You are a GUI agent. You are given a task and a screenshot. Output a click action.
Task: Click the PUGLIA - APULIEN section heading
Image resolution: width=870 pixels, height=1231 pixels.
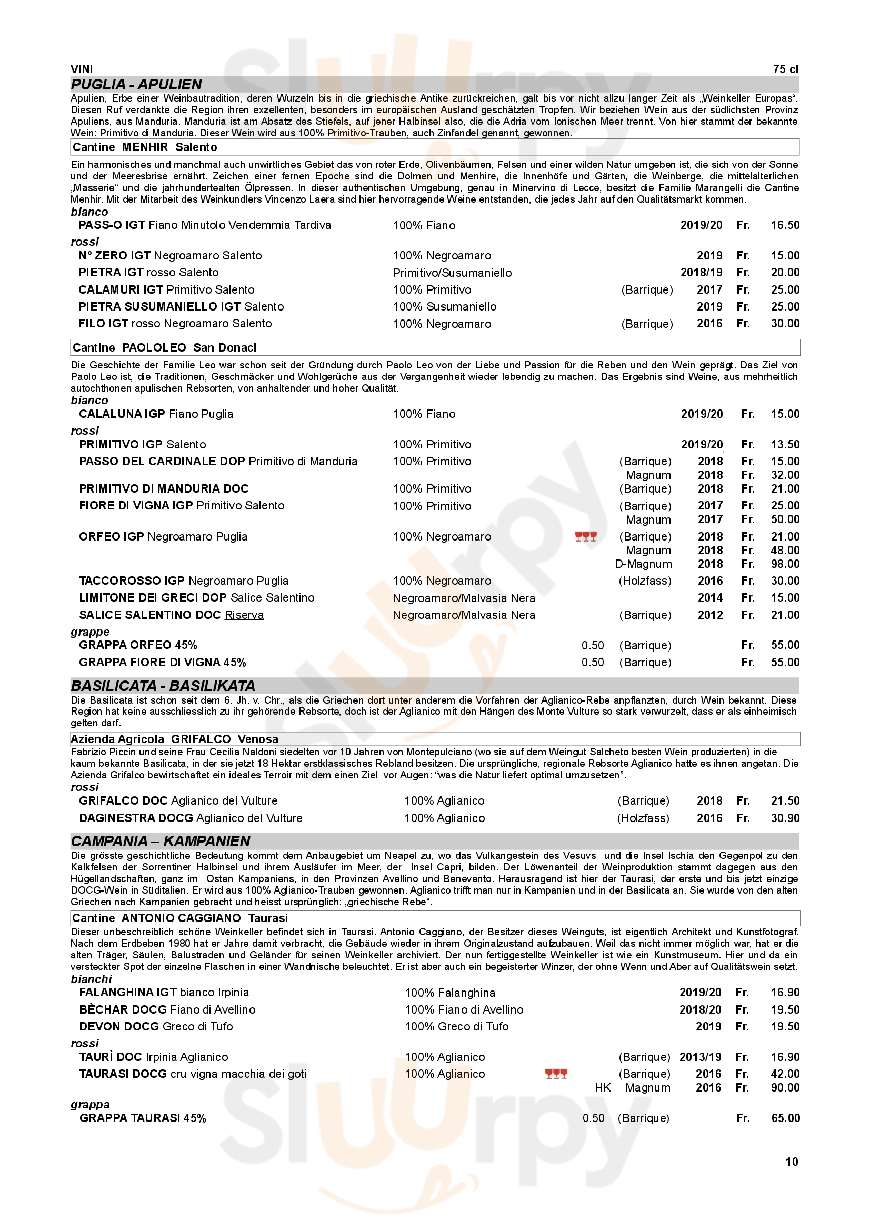136,85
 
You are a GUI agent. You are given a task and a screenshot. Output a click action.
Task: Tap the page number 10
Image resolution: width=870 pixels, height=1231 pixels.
791,1162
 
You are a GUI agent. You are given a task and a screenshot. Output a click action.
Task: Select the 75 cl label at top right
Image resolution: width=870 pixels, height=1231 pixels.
785,69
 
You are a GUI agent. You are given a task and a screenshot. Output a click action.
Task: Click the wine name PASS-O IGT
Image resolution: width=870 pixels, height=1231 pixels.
112,225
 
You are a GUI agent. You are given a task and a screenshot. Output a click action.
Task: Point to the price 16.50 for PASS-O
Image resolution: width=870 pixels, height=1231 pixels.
785,225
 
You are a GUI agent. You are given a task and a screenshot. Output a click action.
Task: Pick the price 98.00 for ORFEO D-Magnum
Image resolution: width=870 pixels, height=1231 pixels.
785,564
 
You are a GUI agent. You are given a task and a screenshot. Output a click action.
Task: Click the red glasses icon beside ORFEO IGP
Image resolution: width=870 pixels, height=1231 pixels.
585,537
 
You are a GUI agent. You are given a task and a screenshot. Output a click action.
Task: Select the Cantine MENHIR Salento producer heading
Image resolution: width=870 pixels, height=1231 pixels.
145,147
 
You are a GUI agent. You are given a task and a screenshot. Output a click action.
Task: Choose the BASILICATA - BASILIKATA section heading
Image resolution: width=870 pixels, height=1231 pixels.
163,686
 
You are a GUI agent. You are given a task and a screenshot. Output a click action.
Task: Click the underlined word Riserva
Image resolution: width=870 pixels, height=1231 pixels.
244,615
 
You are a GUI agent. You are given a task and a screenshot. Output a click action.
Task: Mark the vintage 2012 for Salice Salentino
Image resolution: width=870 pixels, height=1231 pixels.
709,615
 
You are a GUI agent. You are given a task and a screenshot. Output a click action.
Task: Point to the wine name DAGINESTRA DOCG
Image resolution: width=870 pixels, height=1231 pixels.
136,818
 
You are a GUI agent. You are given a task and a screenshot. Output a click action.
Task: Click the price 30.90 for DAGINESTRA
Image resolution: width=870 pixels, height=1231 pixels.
785,818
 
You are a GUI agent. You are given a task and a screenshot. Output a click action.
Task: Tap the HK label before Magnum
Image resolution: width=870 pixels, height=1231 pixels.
603,1087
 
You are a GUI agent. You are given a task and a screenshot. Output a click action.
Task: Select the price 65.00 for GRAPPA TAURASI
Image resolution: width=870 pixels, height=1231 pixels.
785,1118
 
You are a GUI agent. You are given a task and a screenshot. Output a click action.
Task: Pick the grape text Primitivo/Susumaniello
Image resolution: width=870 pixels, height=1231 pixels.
452,273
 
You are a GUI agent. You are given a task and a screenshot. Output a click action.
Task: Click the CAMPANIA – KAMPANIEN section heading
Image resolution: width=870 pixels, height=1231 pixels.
161,841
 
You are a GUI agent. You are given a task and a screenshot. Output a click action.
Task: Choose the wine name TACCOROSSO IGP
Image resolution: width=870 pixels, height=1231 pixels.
132,581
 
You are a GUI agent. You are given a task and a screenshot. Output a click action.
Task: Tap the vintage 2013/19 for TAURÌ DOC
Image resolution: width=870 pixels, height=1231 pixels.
700,1057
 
